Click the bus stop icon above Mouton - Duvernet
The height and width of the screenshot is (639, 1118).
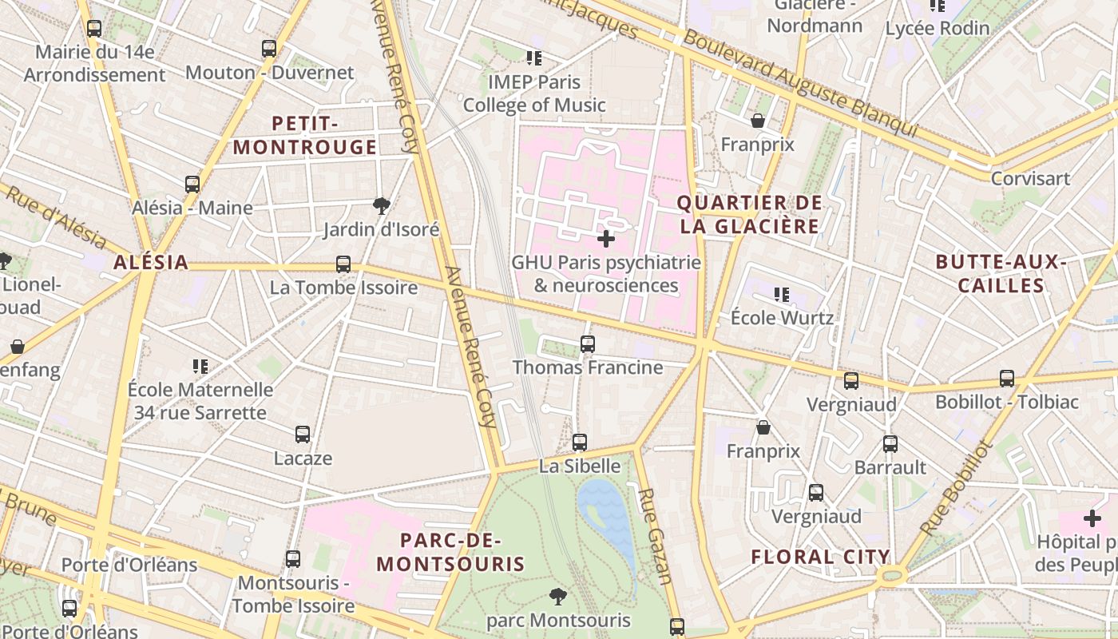269,49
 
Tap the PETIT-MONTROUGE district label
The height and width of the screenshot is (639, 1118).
304,135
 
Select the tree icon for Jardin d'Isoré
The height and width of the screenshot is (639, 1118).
382,206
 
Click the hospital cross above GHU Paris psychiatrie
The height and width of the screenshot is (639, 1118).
606,238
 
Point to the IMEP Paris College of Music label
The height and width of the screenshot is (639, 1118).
534,93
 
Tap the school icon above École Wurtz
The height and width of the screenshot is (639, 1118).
782,295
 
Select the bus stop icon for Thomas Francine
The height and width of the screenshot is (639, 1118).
588,344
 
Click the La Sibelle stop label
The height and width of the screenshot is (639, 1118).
580,466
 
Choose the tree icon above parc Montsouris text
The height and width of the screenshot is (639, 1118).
558,596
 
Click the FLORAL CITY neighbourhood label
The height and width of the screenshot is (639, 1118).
820,557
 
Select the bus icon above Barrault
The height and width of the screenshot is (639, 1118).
890,444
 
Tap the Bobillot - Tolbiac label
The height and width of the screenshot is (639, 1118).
1006,402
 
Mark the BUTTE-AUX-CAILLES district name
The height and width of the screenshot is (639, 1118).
1001,273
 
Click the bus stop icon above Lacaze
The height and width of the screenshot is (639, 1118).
303,435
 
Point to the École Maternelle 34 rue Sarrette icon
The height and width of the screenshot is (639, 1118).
200,367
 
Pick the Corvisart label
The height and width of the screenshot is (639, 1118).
1030,178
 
